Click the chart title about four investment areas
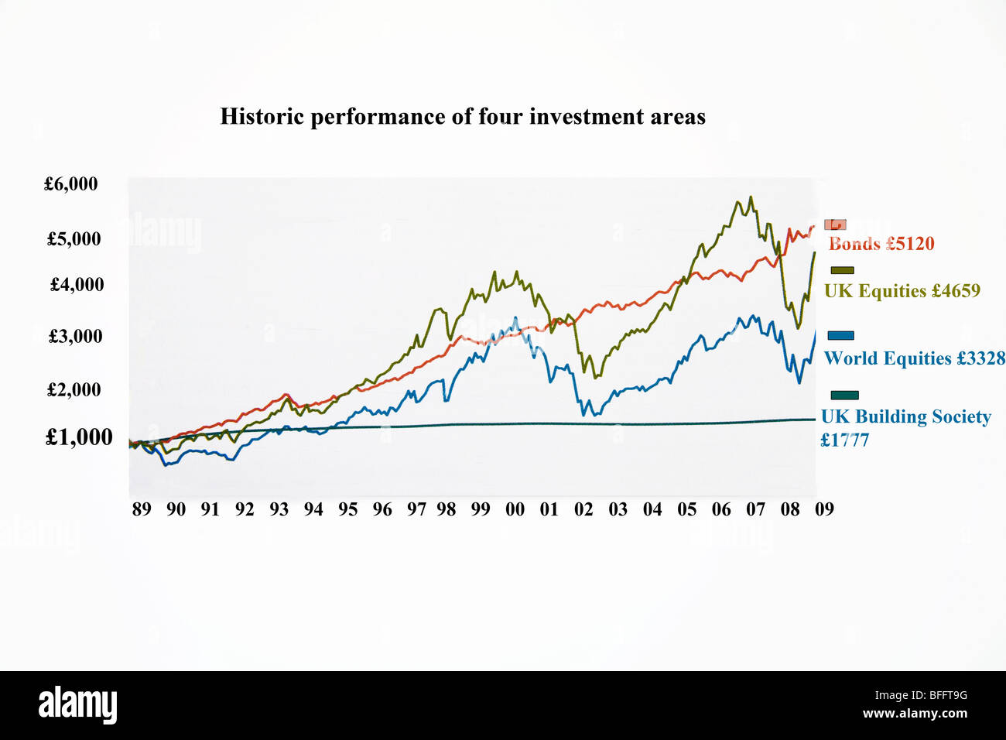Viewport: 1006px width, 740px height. coord(463,117)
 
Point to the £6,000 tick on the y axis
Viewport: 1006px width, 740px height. coord(71,184)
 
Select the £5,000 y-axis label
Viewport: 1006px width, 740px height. coord(74,239)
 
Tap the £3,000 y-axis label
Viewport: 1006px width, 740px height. coord(75,337)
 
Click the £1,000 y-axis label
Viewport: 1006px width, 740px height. coord(79,437)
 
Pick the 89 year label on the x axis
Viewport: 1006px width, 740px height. coord(142,509)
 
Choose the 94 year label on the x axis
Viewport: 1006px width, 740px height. coord(313,509)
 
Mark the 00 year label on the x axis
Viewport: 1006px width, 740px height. coord(515,509)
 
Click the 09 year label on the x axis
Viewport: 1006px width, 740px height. coord(824,509)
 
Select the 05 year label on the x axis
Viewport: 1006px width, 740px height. coord(686,509)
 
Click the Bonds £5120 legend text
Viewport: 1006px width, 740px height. coord(881,244)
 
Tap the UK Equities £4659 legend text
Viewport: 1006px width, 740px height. coord(902,291)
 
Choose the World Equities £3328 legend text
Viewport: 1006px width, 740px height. coord(914,358)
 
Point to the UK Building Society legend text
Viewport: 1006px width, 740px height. coord(905,417)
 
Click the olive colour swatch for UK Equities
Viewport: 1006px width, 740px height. coord(842,270)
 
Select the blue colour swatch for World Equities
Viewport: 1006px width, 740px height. coord(841,336)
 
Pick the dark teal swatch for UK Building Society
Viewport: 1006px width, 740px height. coord(844,395)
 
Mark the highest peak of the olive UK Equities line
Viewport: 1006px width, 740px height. coord(751,197)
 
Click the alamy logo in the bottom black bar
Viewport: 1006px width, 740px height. coord(78,704)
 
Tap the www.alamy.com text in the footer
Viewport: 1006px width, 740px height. coord(915,714)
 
